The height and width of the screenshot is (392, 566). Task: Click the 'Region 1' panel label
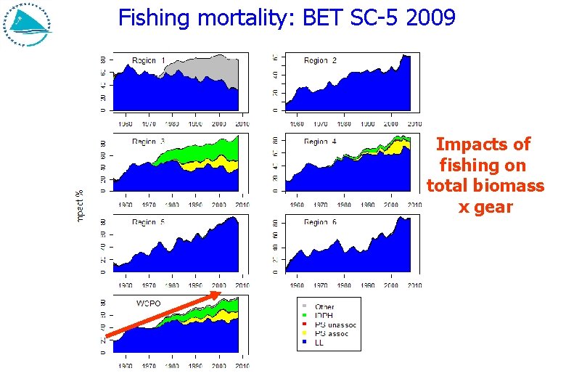click(x=149, y=60)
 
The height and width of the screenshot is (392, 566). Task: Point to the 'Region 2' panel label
click(x=320, y=60)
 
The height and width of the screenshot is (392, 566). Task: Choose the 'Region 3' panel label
click(x=149, y=142)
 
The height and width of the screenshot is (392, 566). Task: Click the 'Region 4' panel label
click(x=320, y=142)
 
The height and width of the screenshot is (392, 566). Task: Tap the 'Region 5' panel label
click(x=149, y=222)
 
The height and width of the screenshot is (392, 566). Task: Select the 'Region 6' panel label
click(x=320, y=222)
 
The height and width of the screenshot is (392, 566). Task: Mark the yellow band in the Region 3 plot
click(x=200, y=166)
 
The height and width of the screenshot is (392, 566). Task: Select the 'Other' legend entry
click(x=324, y=307)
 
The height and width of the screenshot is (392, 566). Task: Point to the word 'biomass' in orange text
click(x=509, y=186)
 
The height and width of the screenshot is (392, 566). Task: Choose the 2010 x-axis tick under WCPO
click(x=241, y=366)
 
